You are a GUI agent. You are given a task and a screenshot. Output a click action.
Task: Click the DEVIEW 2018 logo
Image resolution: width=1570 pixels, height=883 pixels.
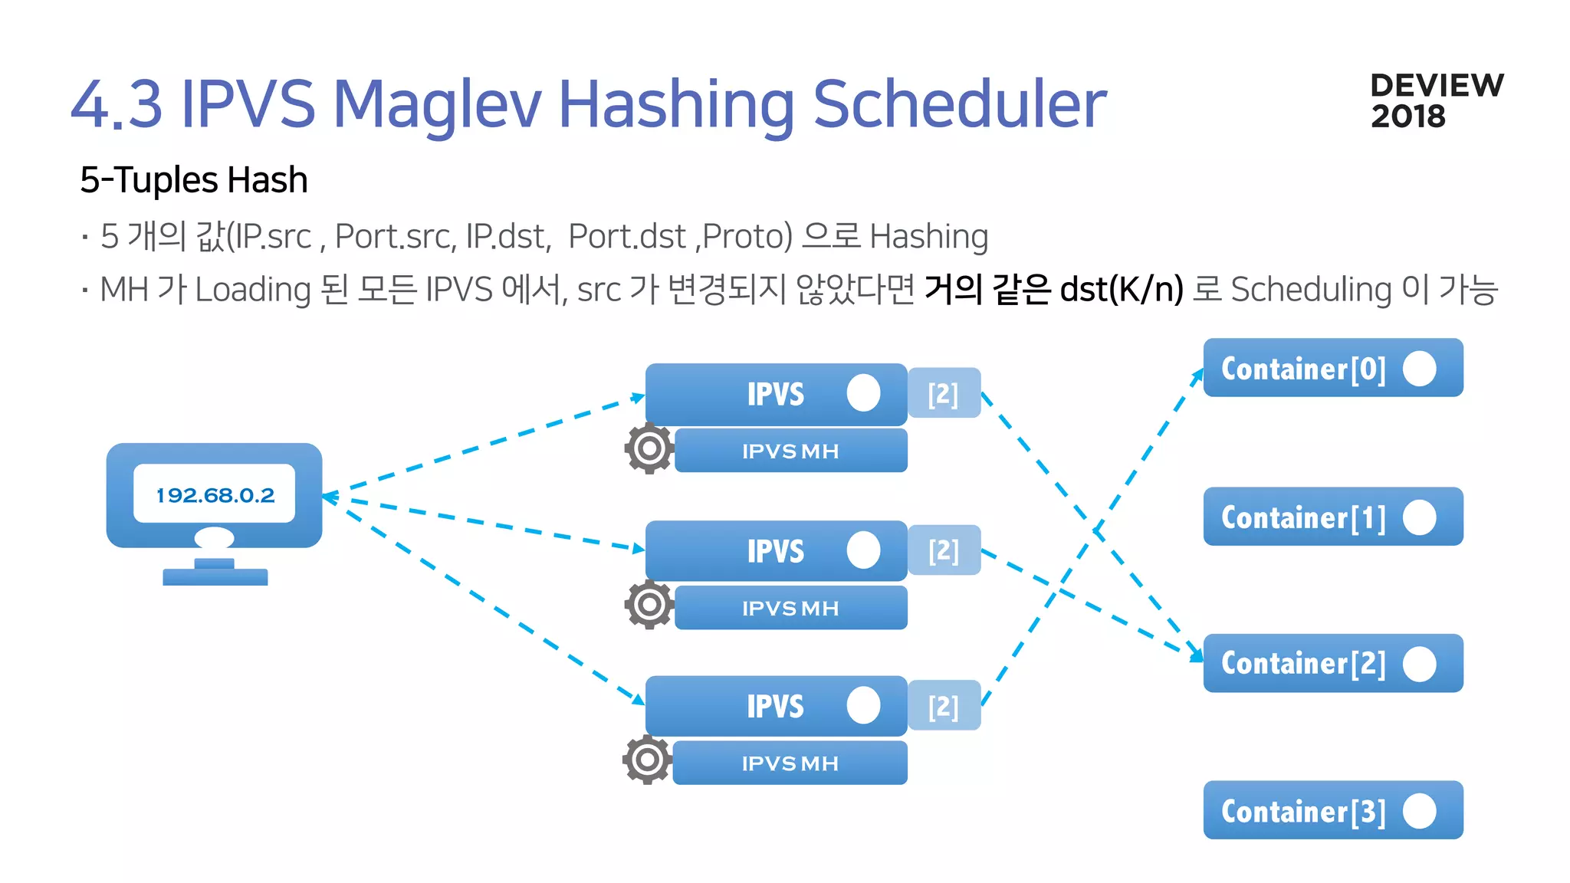coord(1437,100)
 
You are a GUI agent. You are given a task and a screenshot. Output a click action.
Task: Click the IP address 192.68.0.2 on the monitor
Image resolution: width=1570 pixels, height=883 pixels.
coord(215,495)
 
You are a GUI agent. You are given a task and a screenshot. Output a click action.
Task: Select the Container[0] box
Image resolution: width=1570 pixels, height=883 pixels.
coord(1332,368)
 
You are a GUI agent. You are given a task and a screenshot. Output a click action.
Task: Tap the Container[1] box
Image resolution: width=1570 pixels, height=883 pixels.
coord(1332,517)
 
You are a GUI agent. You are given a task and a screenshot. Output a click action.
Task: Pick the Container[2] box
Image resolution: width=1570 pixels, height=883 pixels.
coord(1332,663)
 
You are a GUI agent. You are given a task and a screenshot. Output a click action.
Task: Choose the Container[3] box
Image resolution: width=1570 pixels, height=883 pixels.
coord(1332,810)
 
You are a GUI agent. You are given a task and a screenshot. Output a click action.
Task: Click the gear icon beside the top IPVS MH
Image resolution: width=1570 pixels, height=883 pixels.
coord(649,448)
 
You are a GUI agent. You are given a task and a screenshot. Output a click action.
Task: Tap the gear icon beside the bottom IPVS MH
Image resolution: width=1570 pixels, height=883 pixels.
coord(647,760)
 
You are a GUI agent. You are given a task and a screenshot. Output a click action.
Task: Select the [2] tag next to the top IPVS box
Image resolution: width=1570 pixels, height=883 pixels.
coord(944,393)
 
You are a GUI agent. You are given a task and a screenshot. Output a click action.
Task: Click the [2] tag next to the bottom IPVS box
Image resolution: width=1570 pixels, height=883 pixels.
coord(944,706)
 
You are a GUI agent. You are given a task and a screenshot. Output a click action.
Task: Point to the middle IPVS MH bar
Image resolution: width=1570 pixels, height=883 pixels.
coord(790,608)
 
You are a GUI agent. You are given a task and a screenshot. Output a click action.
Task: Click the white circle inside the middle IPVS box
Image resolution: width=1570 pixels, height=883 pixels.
coord(863,550)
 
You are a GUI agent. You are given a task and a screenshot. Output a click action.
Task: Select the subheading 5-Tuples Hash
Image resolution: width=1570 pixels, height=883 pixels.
coord(194,180)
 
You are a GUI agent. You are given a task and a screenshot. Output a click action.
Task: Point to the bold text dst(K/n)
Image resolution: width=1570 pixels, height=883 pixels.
coord(1122,290)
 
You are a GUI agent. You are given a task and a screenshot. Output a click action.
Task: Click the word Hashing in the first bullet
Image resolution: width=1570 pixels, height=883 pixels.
coord(929,236)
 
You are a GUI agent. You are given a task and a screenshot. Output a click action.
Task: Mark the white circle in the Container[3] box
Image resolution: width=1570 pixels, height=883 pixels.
coord(1419,810)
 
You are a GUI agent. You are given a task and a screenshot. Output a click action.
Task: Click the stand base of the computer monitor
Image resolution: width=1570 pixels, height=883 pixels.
coord(215,576)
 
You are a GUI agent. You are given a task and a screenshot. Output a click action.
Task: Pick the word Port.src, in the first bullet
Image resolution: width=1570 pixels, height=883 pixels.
coord(396,236)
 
